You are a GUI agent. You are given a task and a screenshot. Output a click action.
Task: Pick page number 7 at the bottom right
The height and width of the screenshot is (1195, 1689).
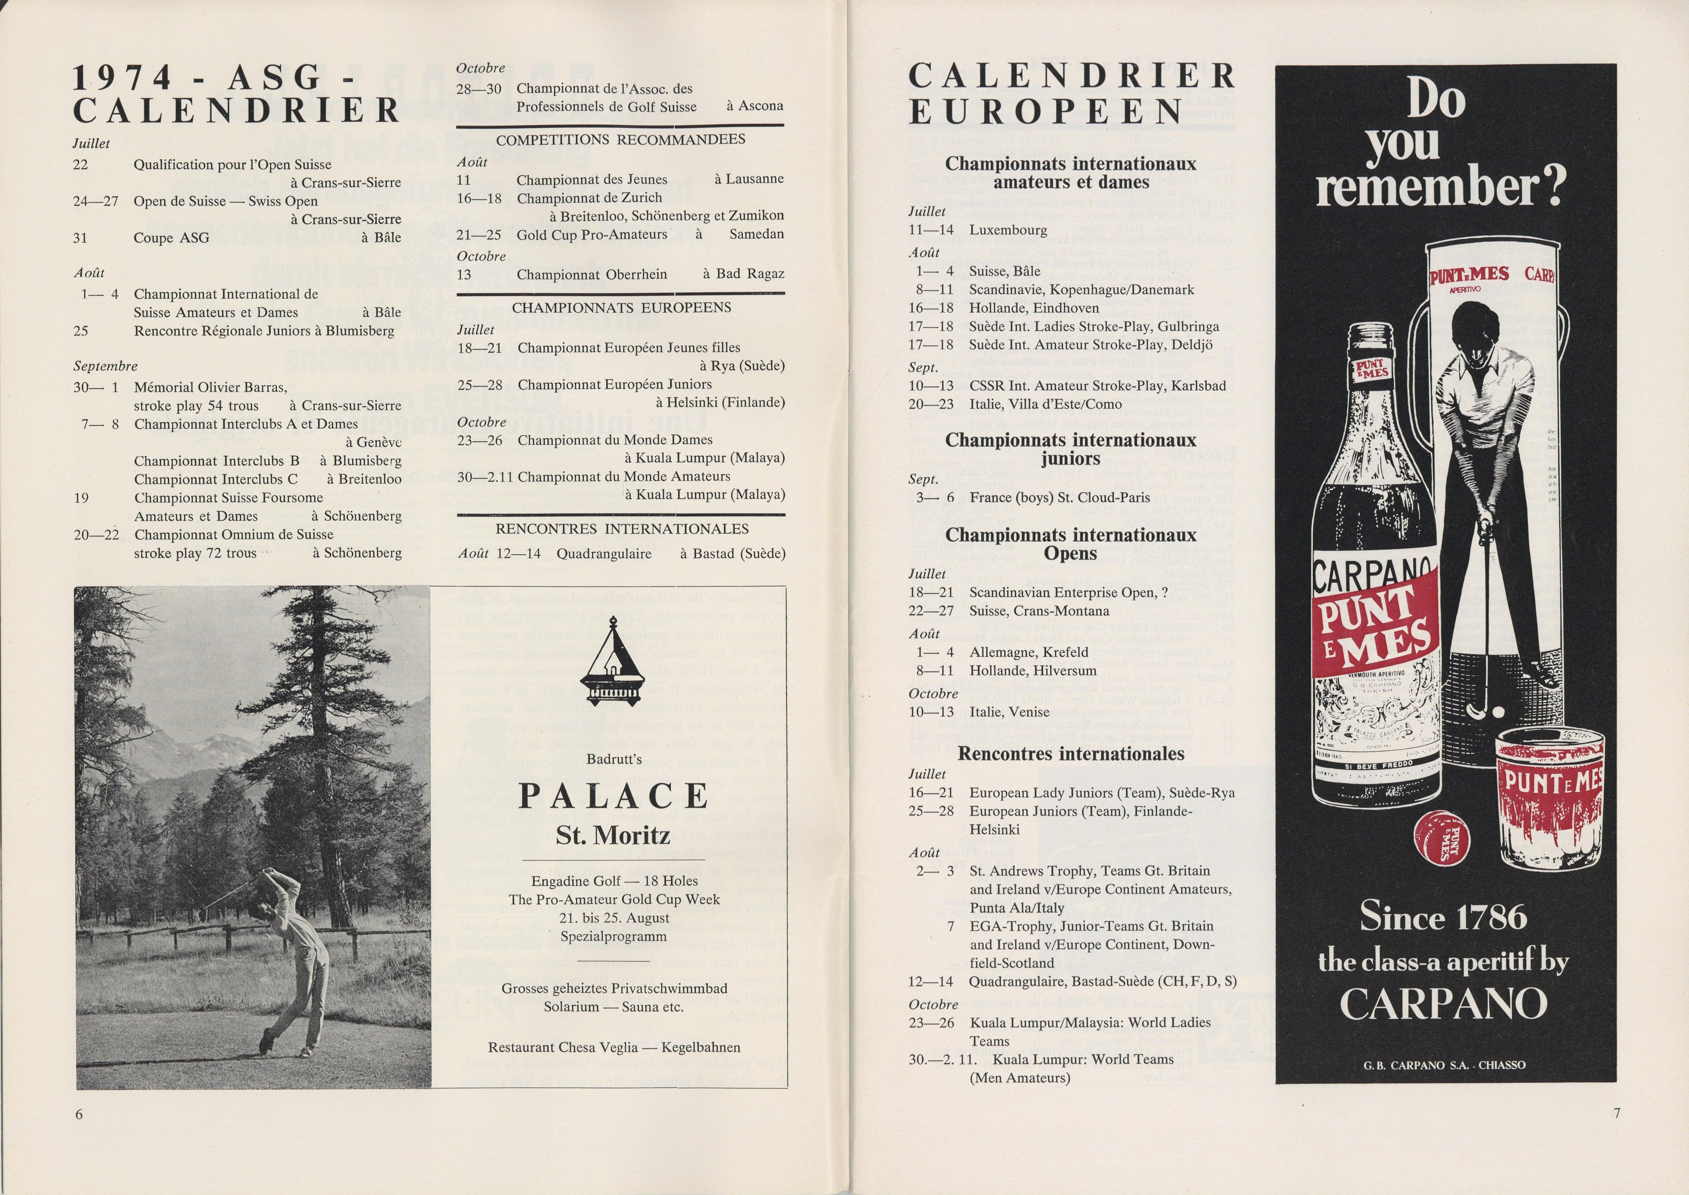point(1616,1113)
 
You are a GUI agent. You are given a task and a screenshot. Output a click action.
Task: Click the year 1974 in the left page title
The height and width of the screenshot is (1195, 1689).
point(124,77)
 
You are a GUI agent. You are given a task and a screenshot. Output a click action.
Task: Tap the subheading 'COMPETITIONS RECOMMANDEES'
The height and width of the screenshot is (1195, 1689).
point(620,139)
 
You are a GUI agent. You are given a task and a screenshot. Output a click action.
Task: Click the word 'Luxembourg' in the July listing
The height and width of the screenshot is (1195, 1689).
point(1008,230)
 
